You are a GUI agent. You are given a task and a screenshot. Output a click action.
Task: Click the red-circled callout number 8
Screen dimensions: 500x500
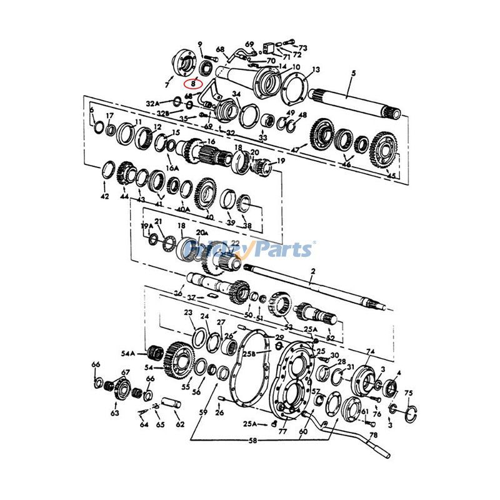193,82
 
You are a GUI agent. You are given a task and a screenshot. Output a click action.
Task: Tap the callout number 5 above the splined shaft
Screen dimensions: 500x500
353,73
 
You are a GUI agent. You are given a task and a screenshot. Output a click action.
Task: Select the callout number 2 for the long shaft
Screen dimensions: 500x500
313,270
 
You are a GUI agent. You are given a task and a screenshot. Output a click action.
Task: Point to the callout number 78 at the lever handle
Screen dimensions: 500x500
373,436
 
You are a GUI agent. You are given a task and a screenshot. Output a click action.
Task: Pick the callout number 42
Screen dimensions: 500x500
104,196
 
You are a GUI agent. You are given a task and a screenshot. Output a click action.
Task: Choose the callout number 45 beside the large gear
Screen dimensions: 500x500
392,176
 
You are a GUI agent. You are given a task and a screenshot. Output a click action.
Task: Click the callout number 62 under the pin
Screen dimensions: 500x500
180,425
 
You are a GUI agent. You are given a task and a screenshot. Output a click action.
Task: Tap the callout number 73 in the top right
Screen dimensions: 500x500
303,48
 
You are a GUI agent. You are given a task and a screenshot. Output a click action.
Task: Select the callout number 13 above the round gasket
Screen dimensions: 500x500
315,69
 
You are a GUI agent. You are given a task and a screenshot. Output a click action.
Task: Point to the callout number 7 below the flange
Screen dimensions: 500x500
167,84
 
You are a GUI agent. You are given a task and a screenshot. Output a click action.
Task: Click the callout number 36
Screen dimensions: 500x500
179,294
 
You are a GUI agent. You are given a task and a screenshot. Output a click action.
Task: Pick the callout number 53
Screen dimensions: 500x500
288,326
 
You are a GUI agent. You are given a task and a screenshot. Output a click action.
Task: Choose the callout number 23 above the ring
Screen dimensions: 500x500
188,312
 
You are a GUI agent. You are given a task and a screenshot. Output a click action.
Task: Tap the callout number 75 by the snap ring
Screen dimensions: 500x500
409,393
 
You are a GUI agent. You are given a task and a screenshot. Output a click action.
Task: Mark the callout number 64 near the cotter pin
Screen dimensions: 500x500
144,425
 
